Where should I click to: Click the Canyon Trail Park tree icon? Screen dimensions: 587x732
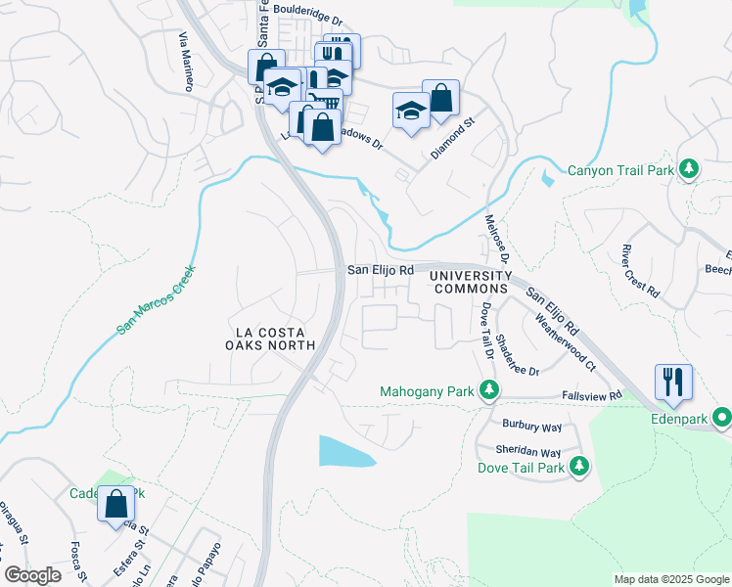[689, 170]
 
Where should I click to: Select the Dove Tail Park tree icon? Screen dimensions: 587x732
[580, 467]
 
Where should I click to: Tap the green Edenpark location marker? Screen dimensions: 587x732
[722, 417]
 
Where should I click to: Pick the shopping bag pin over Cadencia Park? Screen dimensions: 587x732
[116, 503]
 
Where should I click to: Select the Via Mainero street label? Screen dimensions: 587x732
[184, 62]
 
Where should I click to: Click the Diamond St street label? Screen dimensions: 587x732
[452, 140]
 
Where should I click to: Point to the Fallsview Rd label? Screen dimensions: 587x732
[592, 396]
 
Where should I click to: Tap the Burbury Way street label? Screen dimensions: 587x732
[531, 427]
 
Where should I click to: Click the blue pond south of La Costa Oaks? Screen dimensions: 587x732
[345, 451]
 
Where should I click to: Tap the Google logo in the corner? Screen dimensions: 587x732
[32, 574]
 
